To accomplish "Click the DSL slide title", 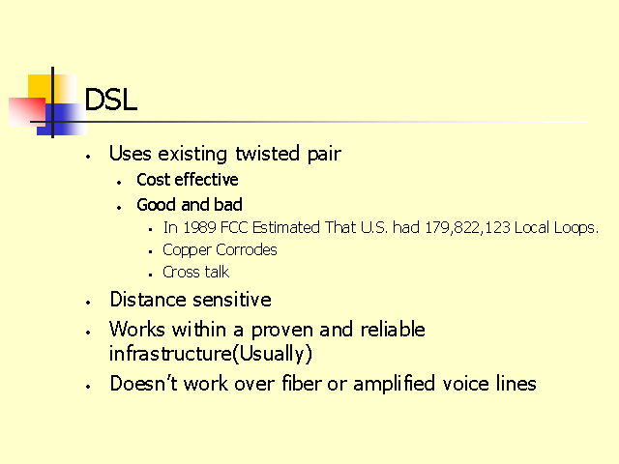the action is click(111, 99).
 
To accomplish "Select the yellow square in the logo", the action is click(52, 89).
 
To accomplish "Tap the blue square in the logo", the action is click(62, 119).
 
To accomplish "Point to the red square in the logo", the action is click(27, 112).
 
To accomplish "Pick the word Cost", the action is click(153, 180).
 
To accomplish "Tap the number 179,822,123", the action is click(467, 228).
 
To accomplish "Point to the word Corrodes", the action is click(247, 249).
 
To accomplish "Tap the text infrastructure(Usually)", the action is click(211, 354).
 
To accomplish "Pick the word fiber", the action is click(302, 383).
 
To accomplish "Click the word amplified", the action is click(394, 384).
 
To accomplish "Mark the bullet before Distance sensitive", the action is click(88, 303).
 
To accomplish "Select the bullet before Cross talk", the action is click(151, 275).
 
